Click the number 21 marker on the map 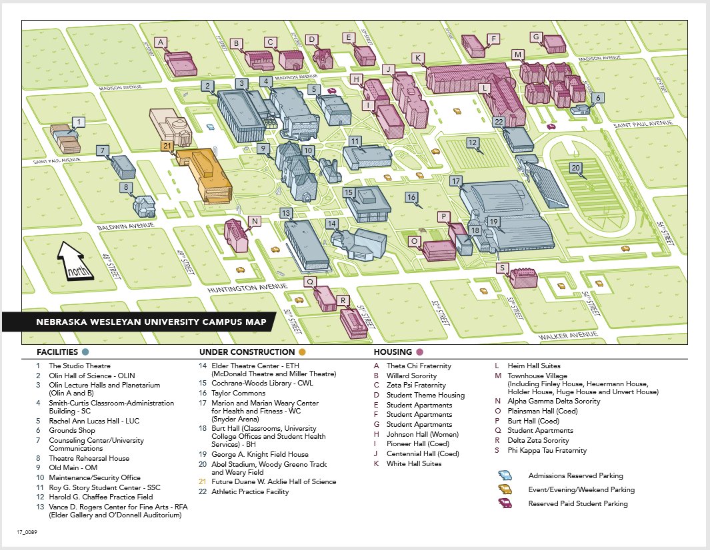(167, 145)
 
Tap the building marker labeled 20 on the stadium (576, 168)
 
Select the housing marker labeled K (418, 58)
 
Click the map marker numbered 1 (79, 122)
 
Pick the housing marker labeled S (502, 268)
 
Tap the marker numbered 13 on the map (286, 213)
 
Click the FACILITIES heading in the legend (58, 352)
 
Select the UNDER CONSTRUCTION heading (247, 352)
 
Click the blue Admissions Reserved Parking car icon (507, 475)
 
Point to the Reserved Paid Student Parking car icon (507, 503)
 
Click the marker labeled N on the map (254, 221)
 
